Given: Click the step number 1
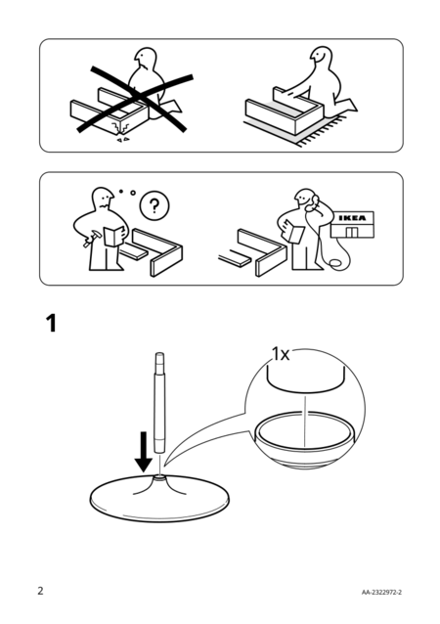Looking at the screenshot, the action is click(51, 323).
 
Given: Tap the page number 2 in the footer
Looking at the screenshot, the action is click(40, 591).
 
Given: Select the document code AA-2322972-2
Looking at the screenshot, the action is click(381, 592).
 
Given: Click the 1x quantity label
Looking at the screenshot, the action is click(281, 354).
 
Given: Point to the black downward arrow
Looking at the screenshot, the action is click(143, 452).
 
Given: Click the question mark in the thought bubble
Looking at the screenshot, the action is click(154, 206).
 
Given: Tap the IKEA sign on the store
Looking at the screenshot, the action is click(352, 218).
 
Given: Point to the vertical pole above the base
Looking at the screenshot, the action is click(159, 403).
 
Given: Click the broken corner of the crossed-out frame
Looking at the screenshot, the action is click(122, 128).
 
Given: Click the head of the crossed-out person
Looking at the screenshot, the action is click(145, 59).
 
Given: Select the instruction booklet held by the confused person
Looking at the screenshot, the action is click(113, 236).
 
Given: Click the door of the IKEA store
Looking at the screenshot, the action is click(351, 232).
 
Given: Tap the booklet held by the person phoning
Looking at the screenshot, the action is click(294, 232).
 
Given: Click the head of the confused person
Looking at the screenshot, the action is click(103, 199).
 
